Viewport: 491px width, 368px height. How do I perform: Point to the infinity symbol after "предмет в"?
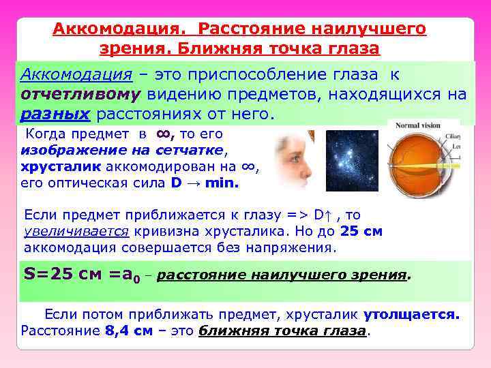coord(164,134)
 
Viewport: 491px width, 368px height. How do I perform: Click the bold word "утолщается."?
coord(412,315)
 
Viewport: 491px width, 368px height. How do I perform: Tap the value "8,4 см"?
coord(129,332)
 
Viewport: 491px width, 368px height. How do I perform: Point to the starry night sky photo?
coord(352,160)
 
